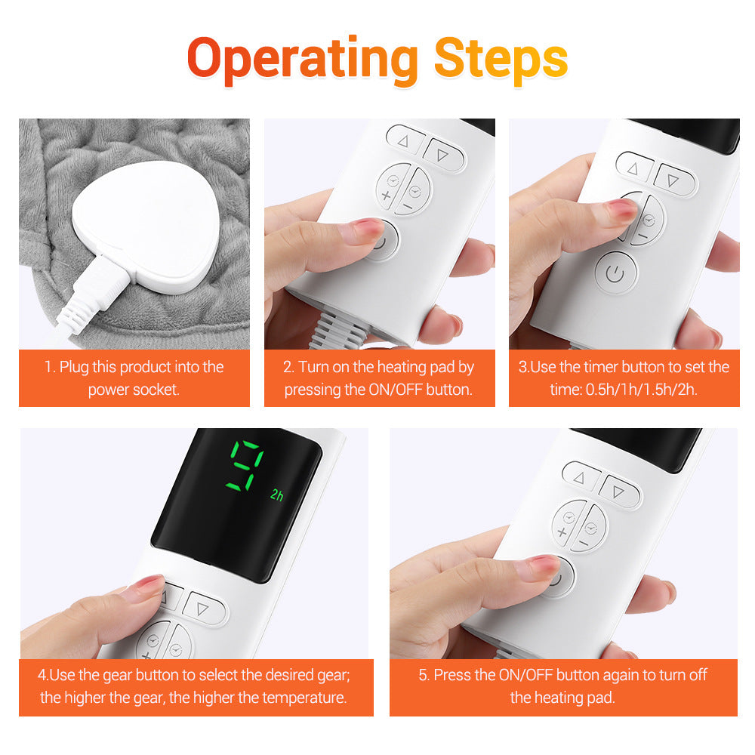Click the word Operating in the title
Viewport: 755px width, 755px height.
pyautogui.click(x=302, y=59)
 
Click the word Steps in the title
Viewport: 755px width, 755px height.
pyautogui.click(x=501, y=59)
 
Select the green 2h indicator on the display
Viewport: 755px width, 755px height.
pyautogui.click(x=277, y=496)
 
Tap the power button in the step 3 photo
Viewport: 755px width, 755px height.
pyautogui.click(x=615, y=273)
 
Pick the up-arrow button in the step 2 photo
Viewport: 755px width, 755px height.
pyautogui.click(x=402, y=141)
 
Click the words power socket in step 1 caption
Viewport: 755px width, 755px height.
pyautogui.click(x=134, y=390)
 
